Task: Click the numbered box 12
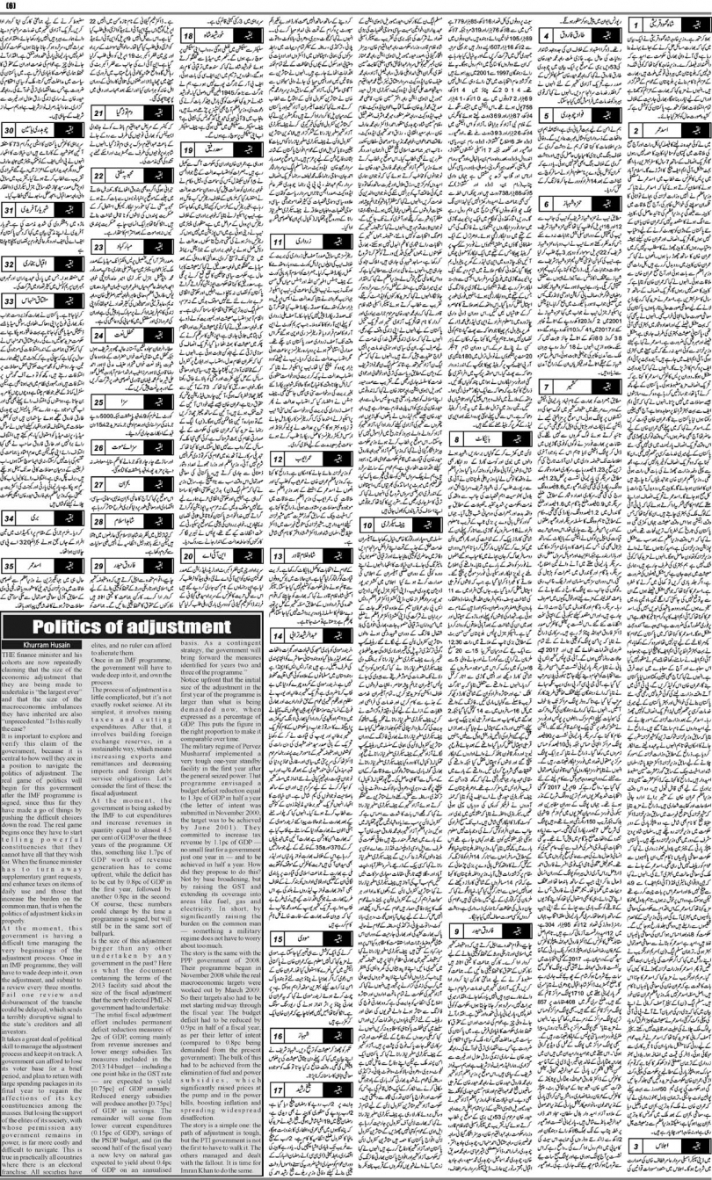tap(280, 459)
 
